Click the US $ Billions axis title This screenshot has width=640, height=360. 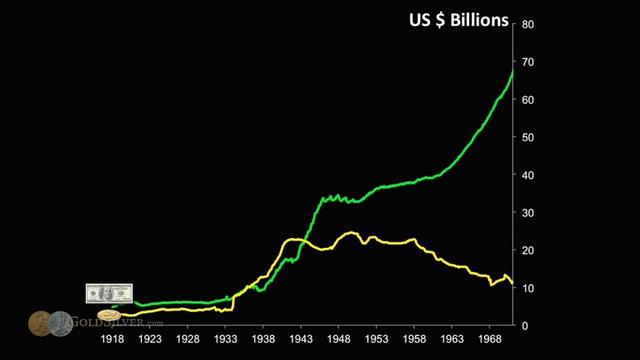pyautogui.click(x=458, y=20)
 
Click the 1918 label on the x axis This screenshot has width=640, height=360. pyautogui.click(x=112, y=339)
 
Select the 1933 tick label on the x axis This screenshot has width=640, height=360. pyautogui.click(x=225, y=339)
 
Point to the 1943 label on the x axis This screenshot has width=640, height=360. pyautogui.click(x=301, y=339)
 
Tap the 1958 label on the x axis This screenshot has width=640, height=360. pyautogui.click(x=414, y=339)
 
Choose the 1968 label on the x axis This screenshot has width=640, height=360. pyautogui.click(x=489, y=339)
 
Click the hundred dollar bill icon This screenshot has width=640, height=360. pyautogui.click(x=109, y=293)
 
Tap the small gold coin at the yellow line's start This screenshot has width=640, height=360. pyautogui.click(x=109, y=315)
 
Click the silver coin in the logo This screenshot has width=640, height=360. pyautogui.click(x=60, y=323)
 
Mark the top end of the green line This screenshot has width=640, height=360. pyautogui.click(x=513, y=70)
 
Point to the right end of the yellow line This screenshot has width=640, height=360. pyautogui.click(x=512, y=283)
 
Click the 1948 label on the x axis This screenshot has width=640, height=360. pyautogui.click(x=338, y=339)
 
